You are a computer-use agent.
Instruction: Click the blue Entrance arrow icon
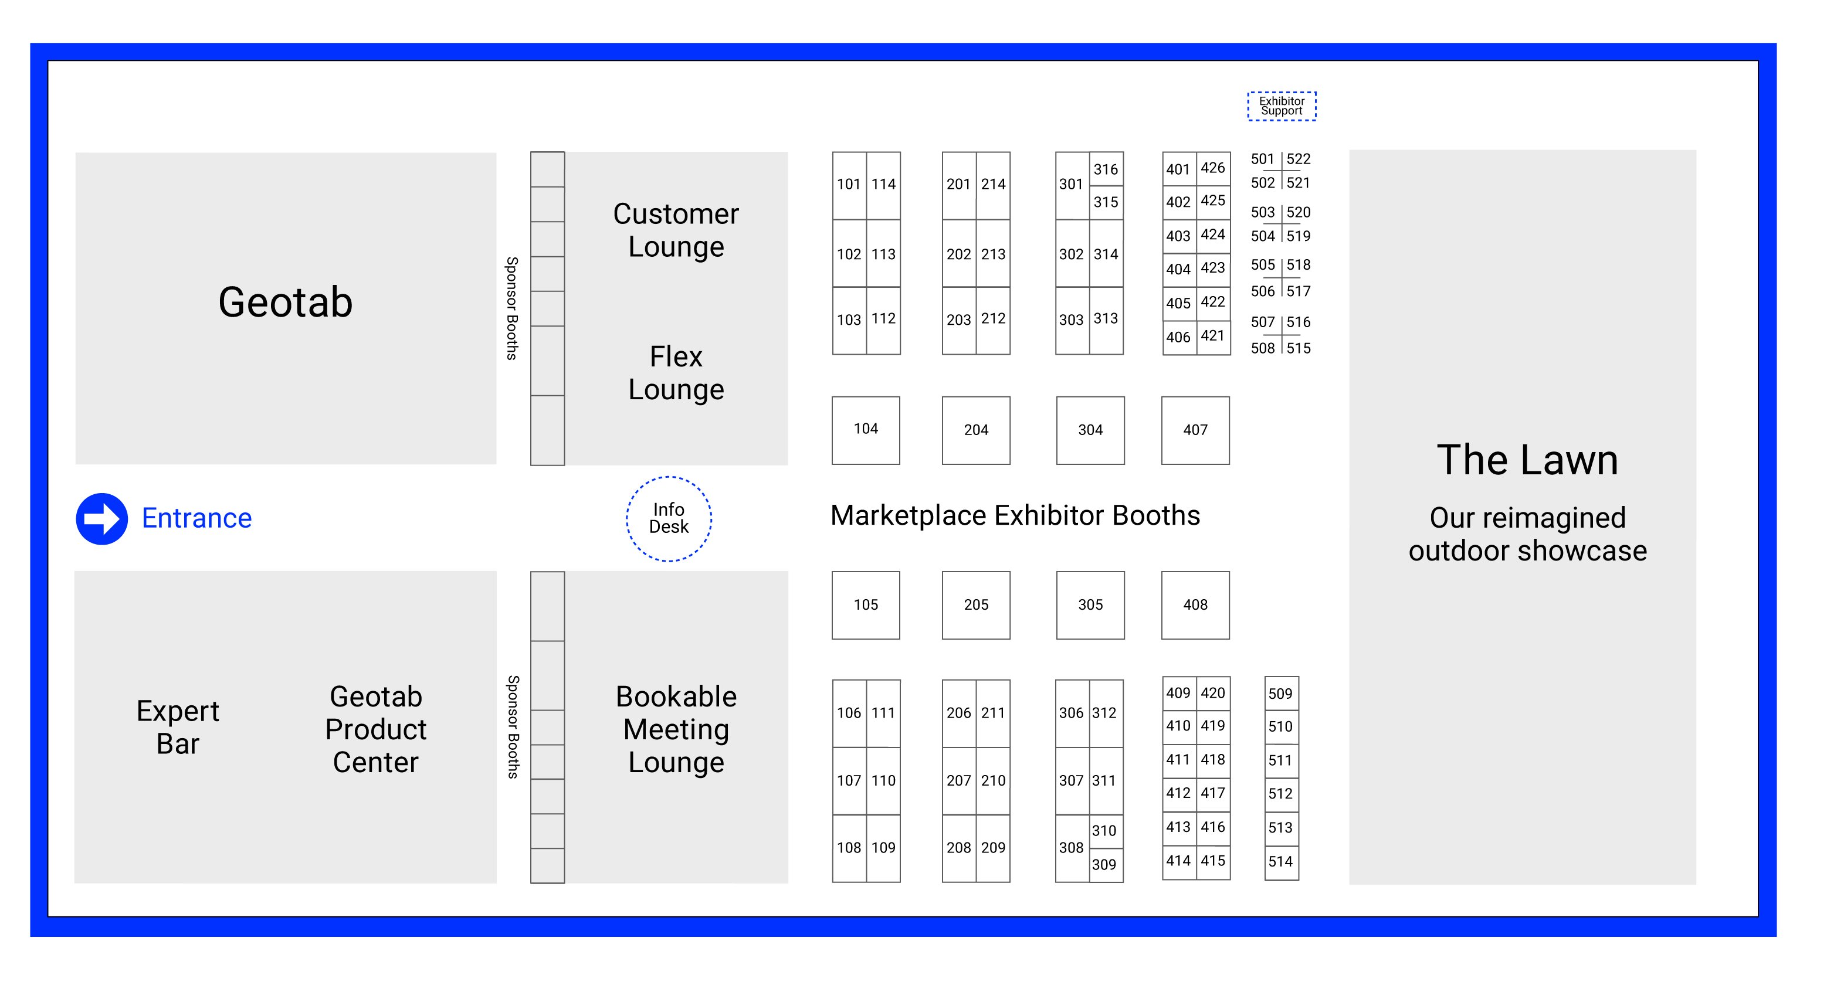[102, 519]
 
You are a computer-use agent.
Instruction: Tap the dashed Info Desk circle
[669, 519]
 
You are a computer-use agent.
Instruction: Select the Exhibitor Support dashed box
[1282, 106]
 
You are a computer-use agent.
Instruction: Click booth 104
[866, 430]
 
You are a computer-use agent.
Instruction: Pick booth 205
[976, 606]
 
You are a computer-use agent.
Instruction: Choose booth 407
[1195, 430]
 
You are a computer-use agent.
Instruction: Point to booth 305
[1090, 606]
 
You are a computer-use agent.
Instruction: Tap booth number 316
[1106, 169]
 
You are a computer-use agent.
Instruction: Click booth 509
[1281, 694]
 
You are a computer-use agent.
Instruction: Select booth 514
[1281, 862]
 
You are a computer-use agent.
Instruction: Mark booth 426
[1213, 168]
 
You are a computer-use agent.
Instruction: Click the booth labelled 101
[849, 184]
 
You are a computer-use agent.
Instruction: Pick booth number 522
[1299, 159]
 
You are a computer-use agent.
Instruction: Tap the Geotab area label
[285, 303]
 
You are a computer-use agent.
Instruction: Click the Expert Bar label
[178, 728]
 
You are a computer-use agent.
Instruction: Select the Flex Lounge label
[676, 373]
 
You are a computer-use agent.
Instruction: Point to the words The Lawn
[1527, 460]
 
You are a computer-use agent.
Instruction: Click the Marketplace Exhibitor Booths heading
[1015, 515]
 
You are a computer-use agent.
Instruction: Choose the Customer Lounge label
[676, 230]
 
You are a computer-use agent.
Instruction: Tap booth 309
[1104, 865]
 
